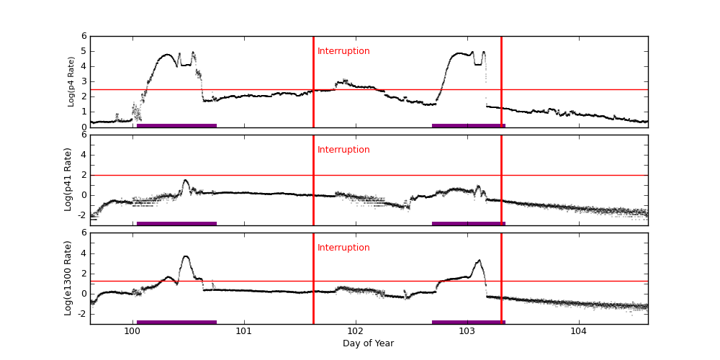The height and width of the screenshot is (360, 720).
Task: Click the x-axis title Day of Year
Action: click(x=368, y=343)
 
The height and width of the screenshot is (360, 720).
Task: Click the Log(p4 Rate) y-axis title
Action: click(x=71, y=81)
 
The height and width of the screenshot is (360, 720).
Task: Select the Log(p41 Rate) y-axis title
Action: click(x=68, y=179)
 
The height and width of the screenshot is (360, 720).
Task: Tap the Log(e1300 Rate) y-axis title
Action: click(x=68, y=278)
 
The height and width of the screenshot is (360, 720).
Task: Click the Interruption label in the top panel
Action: click(x=343, y=51)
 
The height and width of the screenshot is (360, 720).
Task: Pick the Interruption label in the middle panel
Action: click(x=343, y=150)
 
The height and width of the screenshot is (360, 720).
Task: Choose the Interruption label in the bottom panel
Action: click(x=343, y=248)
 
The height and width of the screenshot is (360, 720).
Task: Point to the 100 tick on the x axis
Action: click(x=132, y=331)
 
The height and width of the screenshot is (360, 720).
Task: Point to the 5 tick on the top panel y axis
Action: click(x=84, y=51)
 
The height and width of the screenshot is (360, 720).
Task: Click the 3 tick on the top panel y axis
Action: click(x=84, y=81)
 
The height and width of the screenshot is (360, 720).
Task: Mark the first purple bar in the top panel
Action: click(x=176, y=125)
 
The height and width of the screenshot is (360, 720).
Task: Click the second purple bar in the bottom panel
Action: click(x=468, y=322)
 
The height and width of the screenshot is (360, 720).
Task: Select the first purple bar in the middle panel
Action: click(x=176, y=223)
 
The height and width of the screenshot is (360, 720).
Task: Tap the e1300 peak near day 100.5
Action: click(x=186, y=256)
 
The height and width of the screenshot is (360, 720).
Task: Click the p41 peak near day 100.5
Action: click(x=185, y=180)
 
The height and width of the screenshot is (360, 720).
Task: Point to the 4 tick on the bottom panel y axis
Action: click(x=84, y=253)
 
